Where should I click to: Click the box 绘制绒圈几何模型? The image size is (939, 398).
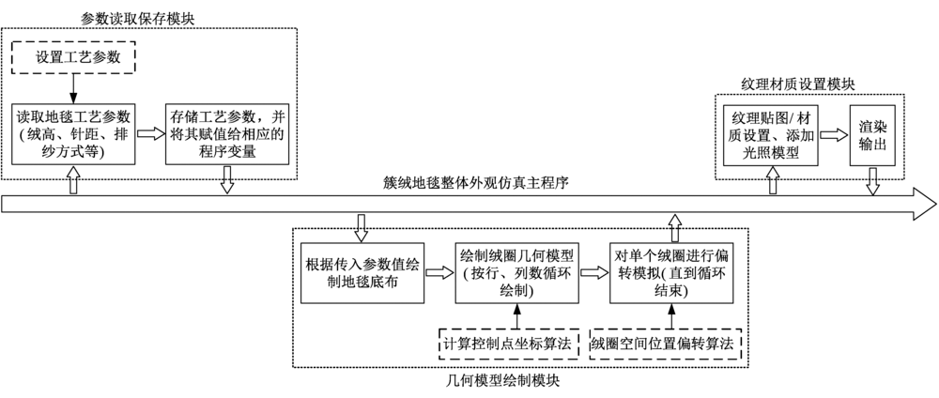516,272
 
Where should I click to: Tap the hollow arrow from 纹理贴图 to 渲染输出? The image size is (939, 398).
831,135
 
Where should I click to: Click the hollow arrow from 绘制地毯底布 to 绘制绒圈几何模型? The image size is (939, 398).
439,272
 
